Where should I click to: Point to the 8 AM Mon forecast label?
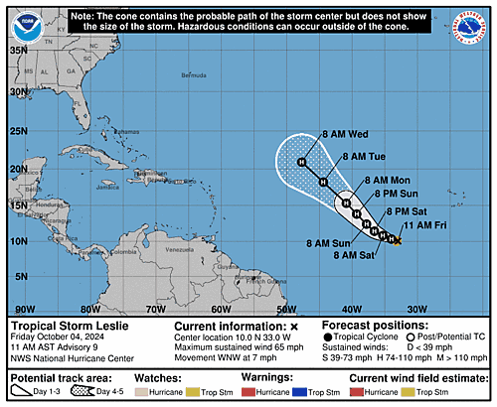(386, 180)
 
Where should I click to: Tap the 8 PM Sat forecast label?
(405, 211)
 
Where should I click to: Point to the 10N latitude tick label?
(19, 241)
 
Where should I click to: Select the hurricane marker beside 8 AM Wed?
(302, 161)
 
